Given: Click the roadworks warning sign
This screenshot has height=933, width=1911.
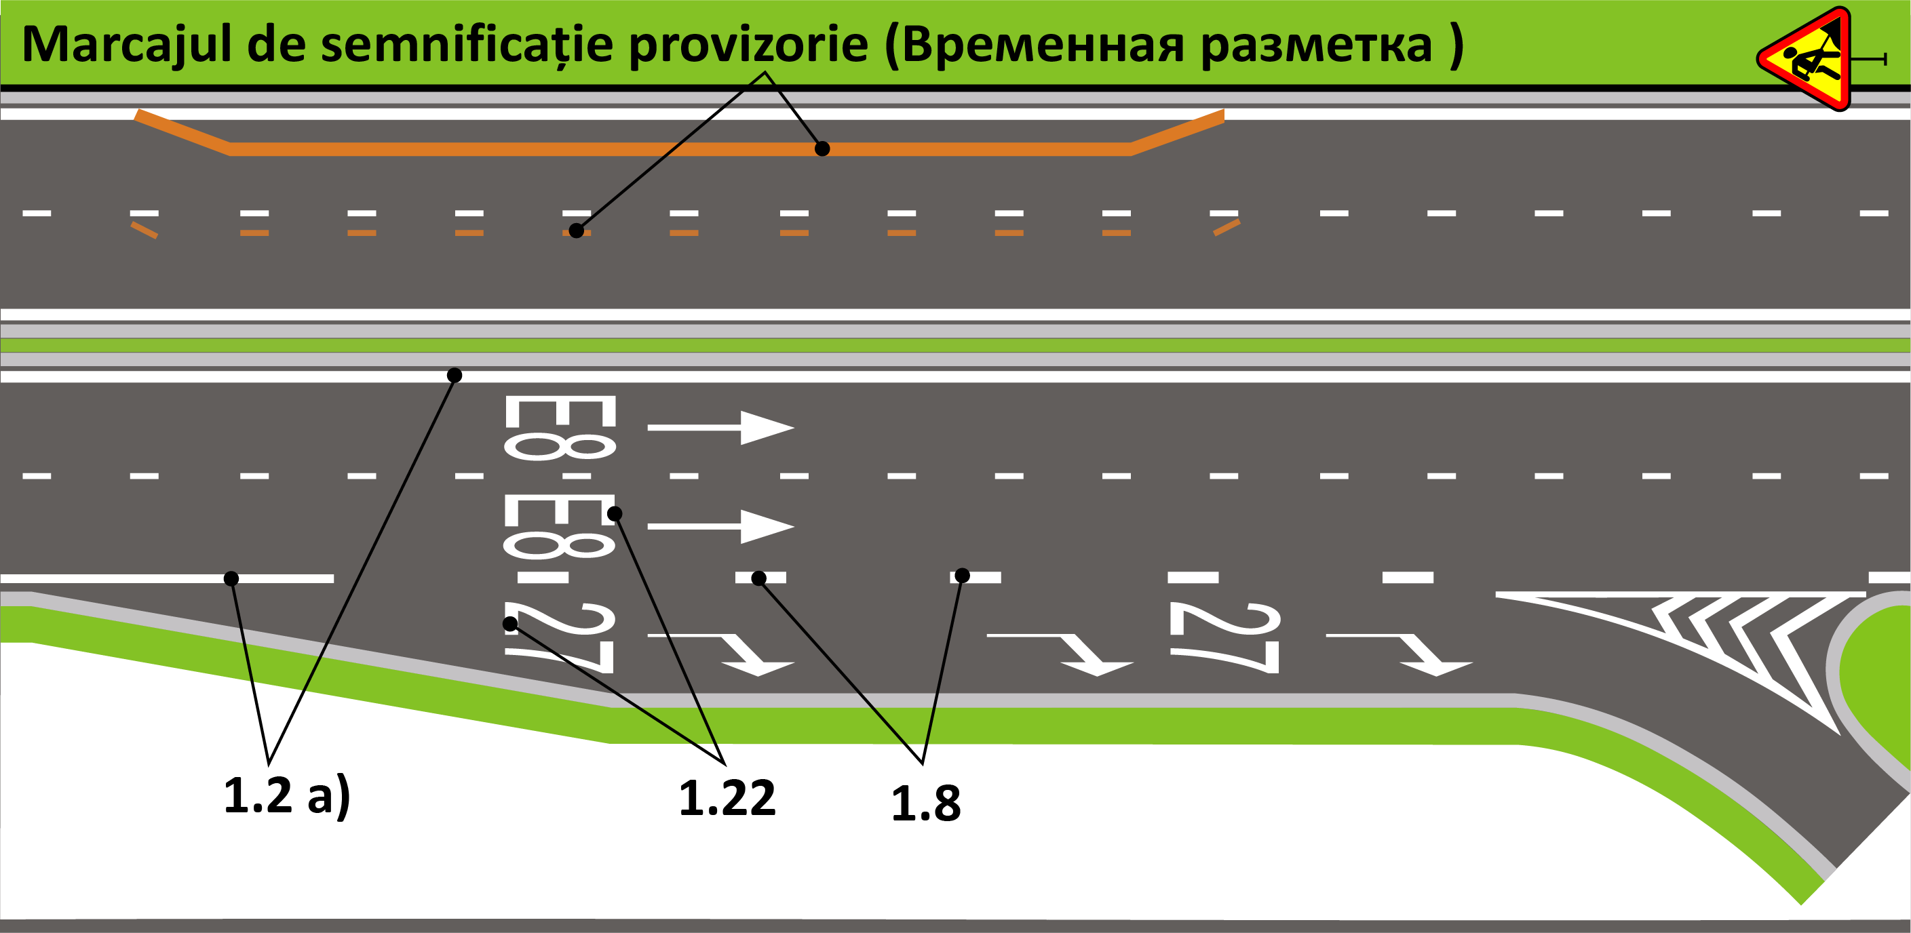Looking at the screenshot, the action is point(1810,60).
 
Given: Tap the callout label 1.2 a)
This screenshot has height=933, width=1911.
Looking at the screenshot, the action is point(286,796).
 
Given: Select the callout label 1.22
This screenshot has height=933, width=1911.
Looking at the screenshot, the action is point(727,798).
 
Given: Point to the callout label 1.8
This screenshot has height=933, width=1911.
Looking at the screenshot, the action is point(925,803).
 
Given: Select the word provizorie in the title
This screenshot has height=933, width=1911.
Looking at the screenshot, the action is point(748,45).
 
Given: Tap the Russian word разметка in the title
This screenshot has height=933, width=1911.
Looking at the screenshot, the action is point(1316,46).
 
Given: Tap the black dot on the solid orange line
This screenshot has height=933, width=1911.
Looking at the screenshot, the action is point(822,149).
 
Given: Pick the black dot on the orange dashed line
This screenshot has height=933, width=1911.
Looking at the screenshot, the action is point(577,231).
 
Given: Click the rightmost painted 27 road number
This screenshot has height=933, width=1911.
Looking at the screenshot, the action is point(1224,638).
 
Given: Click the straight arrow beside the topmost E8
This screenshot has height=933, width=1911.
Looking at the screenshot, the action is point(720,427).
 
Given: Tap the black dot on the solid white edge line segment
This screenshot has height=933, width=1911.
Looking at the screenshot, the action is point(231,578).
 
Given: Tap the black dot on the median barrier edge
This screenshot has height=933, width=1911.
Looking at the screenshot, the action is point(455,375).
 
